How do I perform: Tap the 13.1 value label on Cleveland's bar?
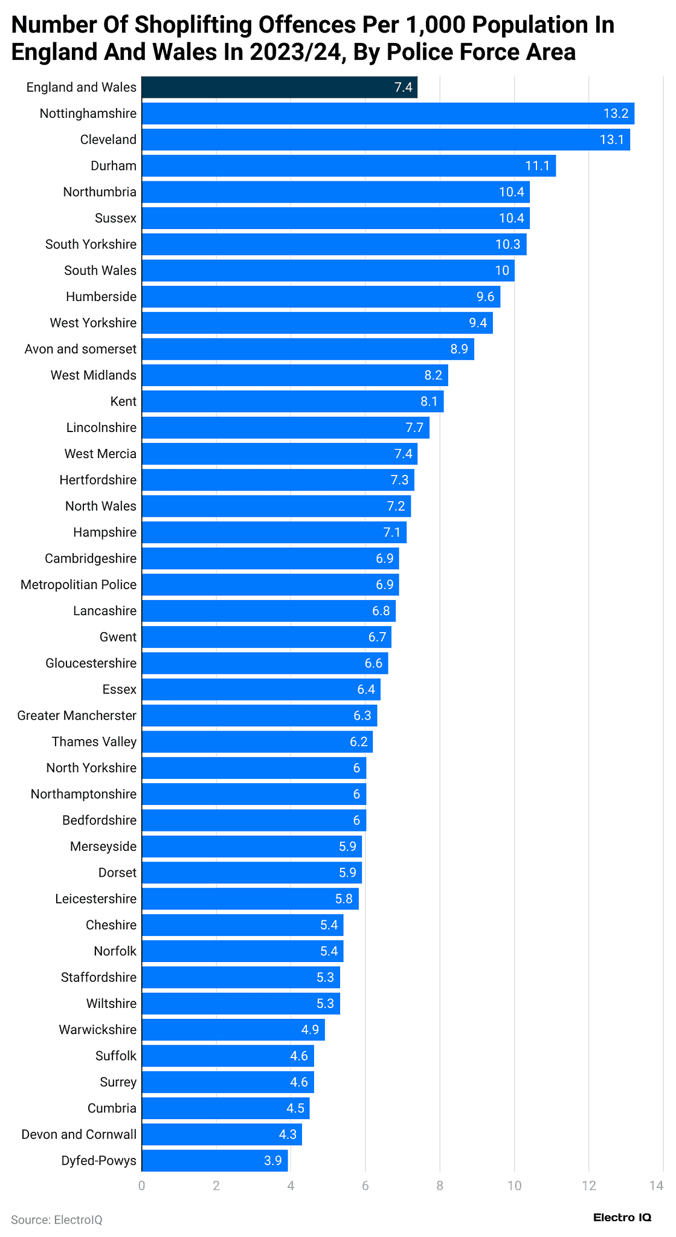tap(611, 140)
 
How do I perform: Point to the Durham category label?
tap(114, 166)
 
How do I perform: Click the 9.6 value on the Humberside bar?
tap(485, 297)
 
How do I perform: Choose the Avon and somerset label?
tap(80, 349)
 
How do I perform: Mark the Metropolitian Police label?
tap(79, 584)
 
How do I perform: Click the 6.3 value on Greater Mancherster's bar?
tap(362, 715)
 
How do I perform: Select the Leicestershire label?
tap(95, 899)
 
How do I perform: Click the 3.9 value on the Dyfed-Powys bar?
tap(273, 1160)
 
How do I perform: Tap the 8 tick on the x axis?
tap(440, 1186)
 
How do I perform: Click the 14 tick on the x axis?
tap(656, 1186)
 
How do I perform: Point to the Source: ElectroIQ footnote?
tap(57, 1219)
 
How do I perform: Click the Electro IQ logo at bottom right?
tap(622, 1217)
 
